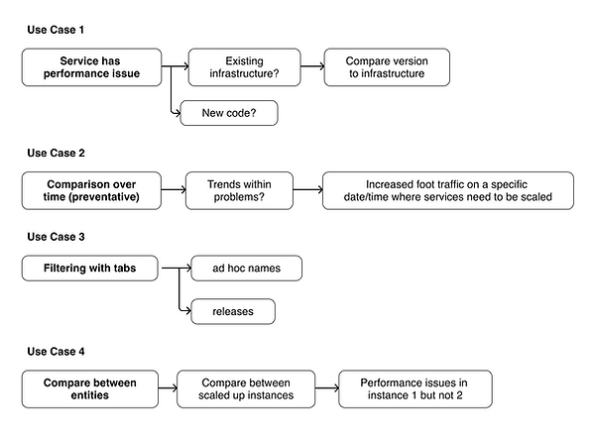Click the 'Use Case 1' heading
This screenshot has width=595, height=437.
(x=56, y=30)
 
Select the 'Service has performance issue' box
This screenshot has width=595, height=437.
(x=91, y=67)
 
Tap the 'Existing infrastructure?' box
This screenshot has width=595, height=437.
(x=244, y=67)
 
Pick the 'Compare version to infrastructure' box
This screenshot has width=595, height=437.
(x=387, y=67)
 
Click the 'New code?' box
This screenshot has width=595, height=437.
(x=229, y=113)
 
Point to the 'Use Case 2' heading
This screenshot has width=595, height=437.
(x=56, y=153)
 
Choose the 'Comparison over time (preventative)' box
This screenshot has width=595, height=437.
(x=91, y=190)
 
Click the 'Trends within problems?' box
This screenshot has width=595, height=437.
(x=239, y=190)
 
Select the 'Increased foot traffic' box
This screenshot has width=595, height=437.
(x=448, y=190)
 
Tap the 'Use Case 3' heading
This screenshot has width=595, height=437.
(x=56, y=237)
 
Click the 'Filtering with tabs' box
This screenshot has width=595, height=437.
(x=89, y=269)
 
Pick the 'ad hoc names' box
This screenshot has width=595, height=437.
(x=246, y=269)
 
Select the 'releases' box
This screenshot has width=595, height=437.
(x=233, y=311)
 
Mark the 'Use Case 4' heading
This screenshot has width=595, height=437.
(x=56, y=351)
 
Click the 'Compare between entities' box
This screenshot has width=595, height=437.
(x=90, y=389)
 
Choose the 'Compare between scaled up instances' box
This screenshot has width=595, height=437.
(x=246, y=389)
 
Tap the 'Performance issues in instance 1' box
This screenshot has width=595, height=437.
(x=416, y=389)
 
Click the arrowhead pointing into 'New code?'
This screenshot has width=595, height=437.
(x=178, y=113)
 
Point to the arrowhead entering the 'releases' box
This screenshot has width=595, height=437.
(x=187, y=311)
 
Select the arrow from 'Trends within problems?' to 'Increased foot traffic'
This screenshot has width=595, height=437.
(x=307, y=189)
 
